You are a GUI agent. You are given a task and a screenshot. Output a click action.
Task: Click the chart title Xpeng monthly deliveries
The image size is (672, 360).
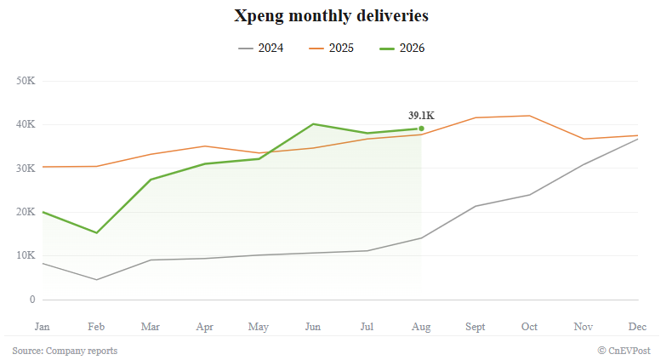[x=331, y=16]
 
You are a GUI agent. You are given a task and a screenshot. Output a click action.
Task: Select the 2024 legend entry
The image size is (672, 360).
[x=261, y=48]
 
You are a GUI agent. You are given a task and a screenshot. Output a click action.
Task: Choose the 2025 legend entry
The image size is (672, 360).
[x=331, y=48]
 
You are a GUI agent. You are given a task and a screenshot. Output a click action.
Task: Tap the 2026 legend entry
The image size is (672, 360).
[x=402, y=48]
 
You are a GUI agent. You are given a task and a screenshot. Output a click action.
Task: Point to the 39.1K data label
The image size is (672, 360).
[x=421, y=115]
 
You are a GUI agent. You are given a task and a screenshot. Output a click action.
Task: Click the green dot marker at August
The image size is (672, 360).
[x=421, y=129]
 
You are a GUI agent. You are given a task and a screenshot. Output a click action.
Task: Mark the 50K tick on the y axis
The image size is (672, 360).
[x=26, y=81]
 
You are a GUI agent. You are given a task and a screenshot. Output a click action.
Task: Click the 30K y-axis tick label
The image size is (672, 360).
[x=26, y=168]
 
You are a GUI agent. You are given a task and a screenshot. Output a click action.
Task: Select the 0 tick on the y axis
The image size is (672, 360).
[x=32, y=300]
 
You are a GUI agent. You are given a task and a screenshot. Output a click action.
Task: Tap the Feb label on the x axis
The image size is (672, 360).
[x=96, y=327]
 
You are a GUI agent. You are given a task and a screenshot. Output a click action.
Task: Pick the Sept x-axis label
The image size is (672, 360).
[x=476, y=327]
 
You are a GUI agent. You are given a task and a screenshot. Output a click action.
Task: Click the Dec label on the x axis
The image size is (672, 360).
[x=637, y=327]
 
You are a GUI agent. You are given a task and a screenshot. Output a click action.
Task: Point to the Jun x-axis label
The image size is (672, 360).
[x=313, y=327]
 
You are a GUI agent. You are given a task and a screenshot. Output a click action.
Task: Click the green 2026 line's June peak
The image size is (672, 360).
[x=313, y=124]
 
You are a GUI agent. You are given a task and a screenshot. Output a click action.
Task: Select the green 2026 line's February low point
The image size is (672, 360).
[x=97, y=232]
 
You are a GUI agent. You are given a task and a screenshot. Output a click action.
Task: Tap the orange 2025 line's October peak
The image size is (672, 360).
[x=530, y=116]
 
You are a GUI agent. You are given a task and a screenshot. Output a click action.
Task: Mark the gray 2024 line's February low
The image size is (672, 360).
[x=97, y=280]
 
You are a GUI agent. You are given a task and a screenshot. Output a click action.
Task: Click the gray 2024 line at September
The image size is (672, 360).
[x=476, y=206]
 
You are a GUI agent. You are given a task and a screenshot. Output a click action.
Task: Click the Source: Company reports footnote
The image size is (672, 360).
[x=65, y=351]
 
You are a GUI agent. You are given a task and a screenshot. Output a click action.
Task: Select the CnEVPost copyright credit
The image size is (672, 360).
[x=624, y=351]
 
